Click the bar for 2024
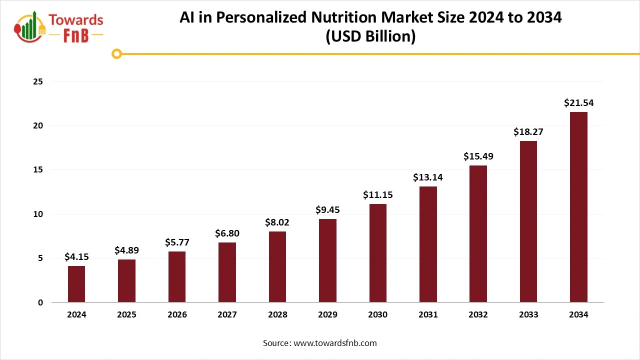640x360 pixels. pos(76,284)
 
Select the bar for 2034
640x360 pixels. pos(578,207)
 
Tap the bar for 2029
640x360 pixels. pos(327,260)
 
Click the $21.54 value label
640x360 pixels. pos(578,103)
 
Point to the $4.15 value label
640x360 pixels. pos(76,257)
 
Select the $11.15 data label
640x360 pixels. pos(378,195)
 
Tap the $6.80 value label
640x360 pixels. pos(227,233)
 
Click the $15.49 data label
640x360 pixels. pos(478,156)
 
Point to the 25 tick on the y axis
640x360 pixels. pos(37,81)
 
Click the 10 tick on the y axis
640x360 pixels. pos(37,214)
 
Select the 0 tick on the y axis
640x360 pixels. pos(40,302)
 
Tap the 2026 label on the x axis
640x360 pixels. pos(177,315)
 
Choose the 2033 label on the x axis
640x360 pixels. pos(528,315)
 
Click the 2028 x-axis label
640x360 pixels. pos(277,315)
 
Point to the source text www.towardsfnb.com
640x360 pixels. pos(335,343)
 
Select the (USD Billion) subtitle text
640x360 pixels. pos(370,37)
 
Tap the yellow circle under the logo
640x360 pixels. pos(116,53)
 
